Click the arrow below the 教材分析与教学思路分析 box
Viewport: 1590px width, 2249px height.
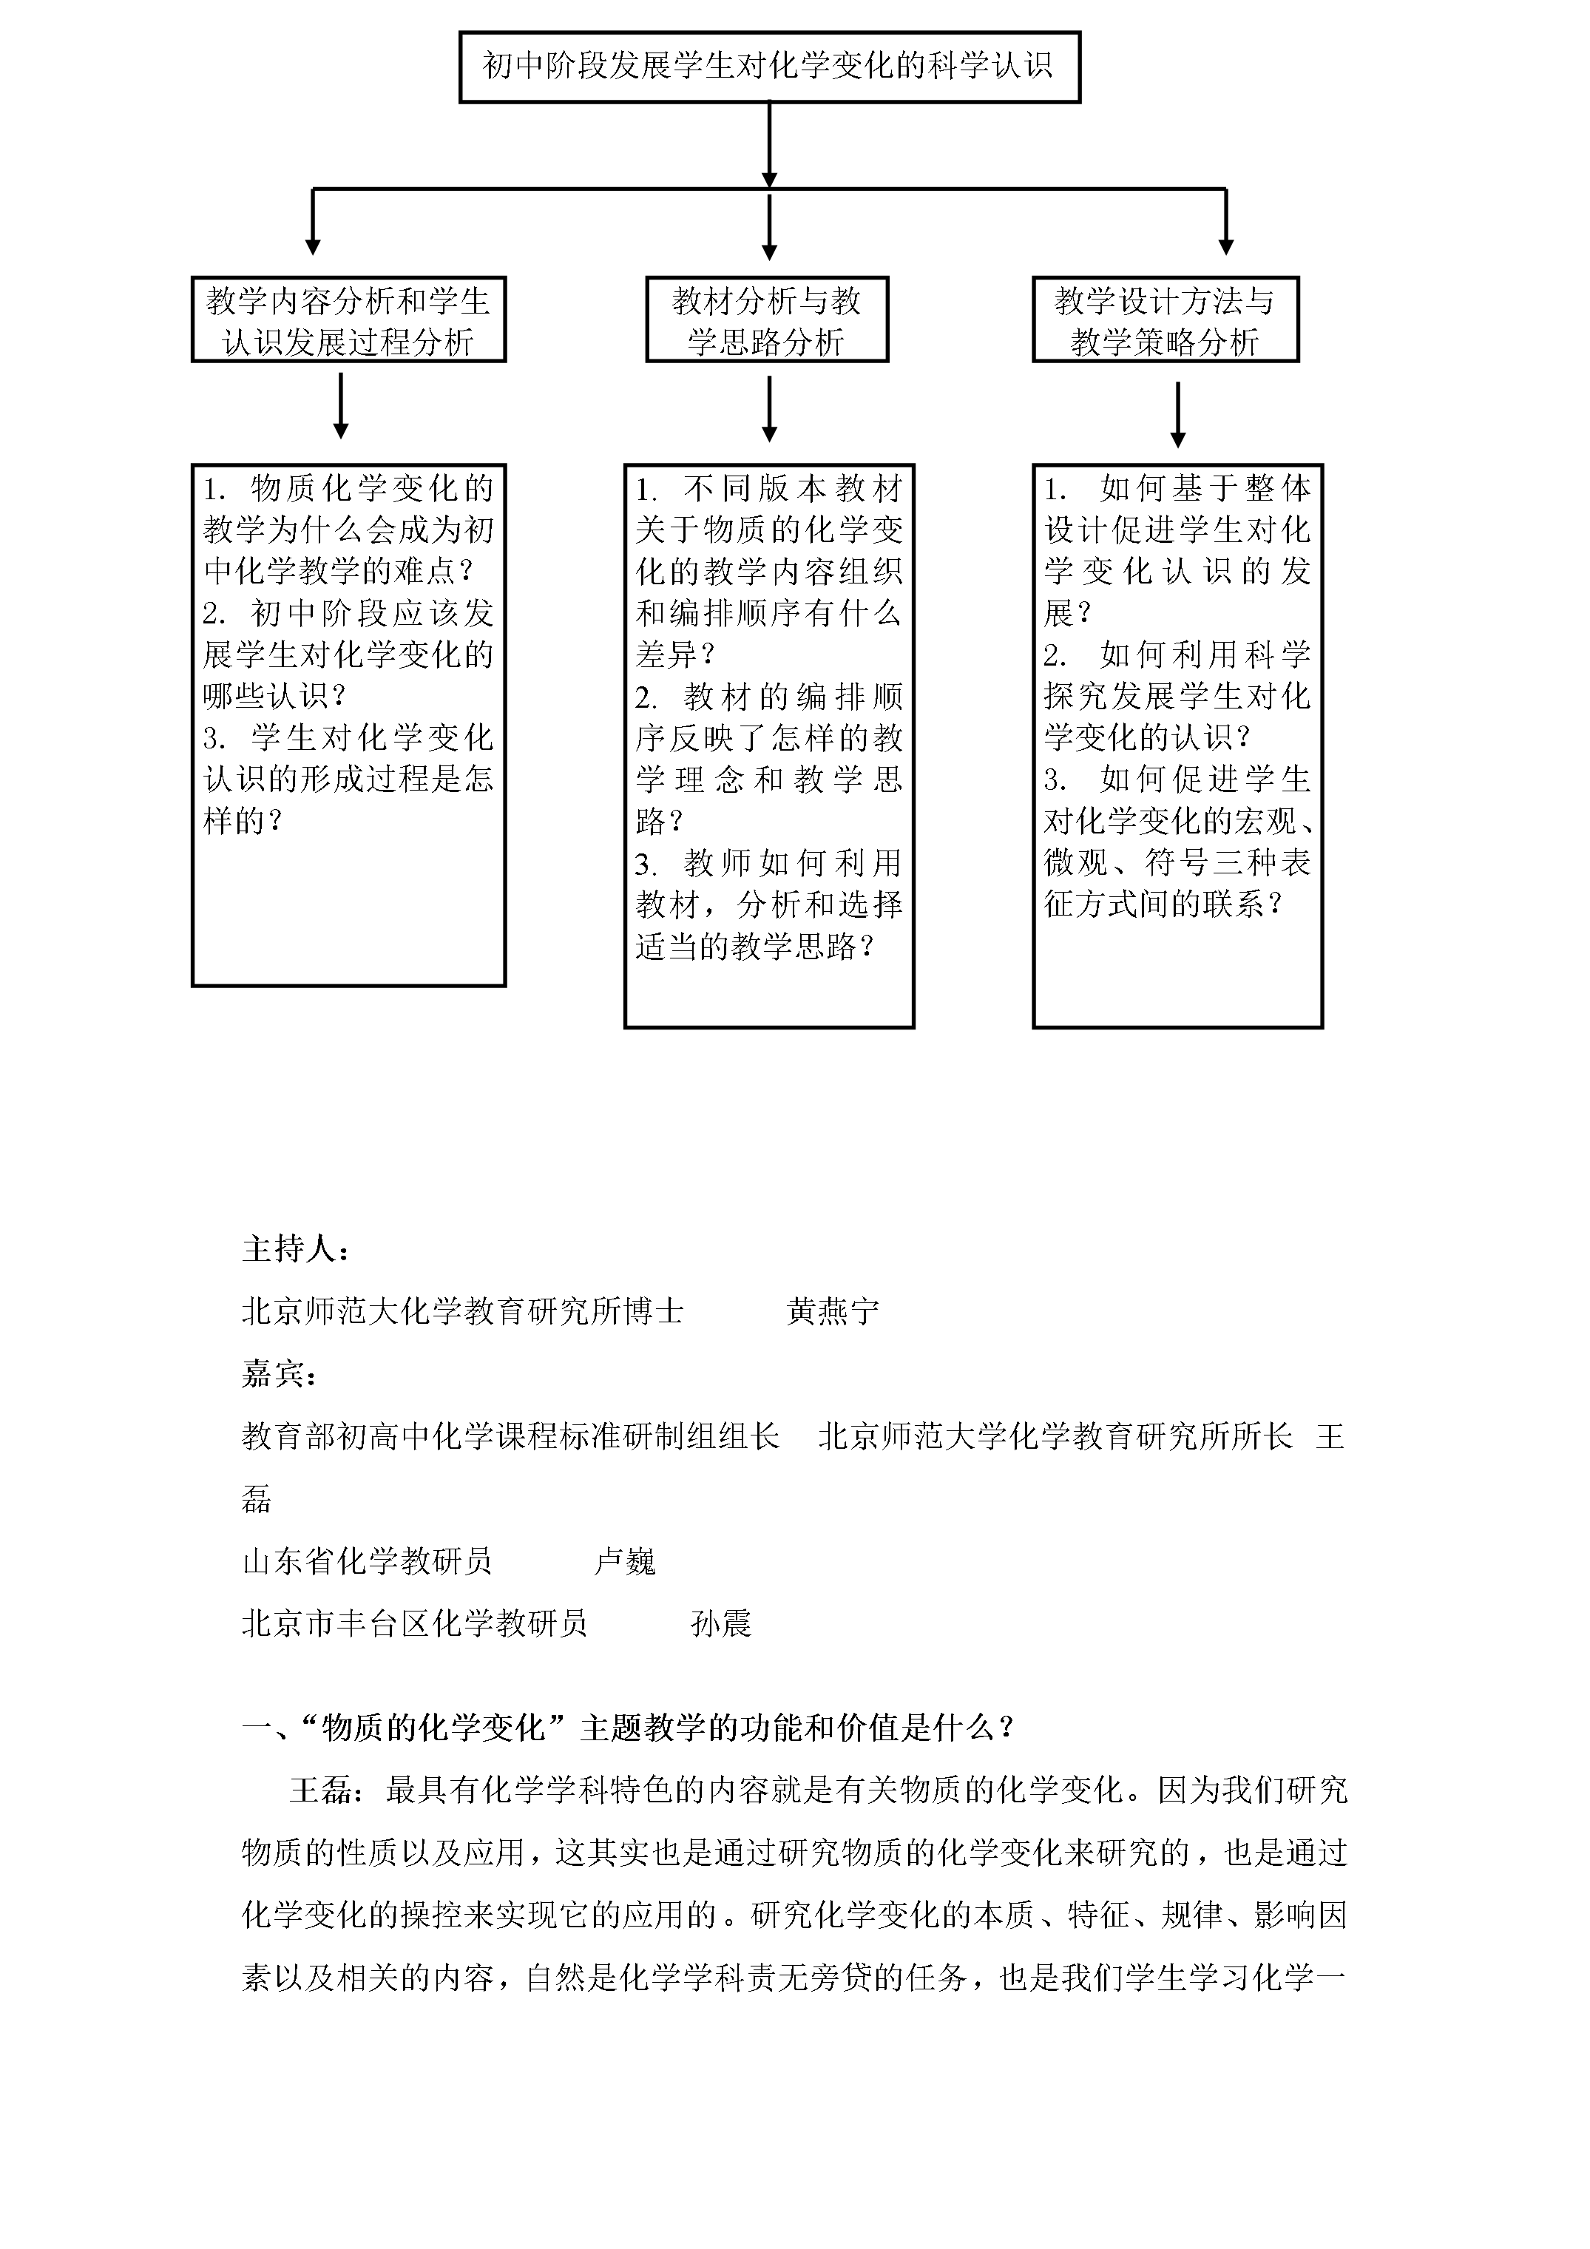click(x=769, y=410)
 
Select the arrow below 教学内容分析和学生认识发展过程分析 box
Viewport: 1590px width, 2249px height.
click(x=341, y=407)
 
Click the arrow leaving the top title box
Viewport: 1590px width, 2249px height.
click(x=769, y=145)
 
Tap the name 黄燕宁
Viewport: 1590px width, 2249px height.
click(x=833, y=1311)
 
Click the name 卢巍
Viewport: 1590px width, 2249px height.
click(x=625, y=1561)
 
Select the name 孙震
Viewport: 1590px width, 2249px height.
click(x=721, y=1624)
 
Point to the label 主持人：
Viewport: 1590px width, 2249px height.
click(x=296, y=1249)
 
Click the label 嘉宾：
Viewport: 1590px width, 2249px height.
click(x=280, y=1374)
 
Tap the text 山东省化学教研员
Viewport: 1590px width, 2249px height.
click(x=366, y=1561)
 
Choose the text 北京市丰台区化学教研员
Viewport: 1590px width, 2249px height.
click(x=414, y=1624)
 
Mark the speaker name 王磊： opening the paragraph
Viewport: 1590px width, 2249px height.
click(x=327, y=1790)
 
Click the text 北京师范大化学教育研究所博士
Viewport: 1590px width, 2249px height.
click(x=462, y=1311)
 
